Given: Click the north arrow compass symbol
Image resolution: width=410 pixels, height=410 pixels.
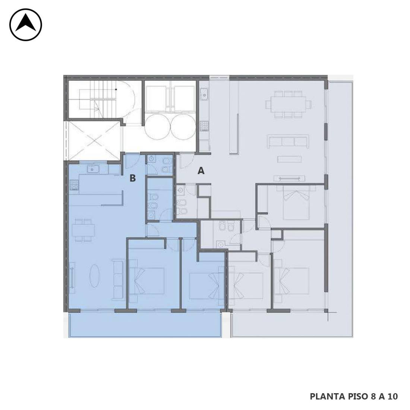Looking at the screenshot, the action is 26,25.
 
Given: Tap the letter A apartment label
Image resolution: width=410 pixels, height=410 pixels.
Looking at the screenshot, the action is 201,171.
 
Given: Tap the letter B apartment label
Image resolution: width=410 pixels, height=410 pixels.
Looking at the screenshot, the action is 133,178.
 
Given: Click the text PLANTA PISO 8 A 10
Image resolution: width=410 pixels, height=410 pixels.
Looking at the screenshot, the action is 354,397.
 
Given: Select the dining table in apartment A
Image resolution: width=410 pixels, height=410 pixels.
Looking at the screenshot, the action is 288,104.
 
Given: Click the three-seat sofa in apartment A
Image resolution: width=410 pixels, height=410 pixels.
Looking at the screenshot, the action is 288,142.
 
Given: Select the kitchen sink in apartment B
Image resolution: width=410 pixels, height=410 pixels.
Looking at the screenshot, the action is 93,169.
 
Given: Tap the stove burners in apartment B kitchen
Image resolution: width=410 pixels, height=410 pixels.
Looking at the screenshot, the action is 74,185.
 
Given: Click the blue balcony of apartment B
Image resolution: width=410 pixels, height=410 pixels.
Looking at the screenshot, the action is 145,325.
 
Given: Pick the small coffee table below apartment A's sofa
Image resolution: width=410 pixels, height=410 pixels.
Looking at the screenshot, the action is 289,159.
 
